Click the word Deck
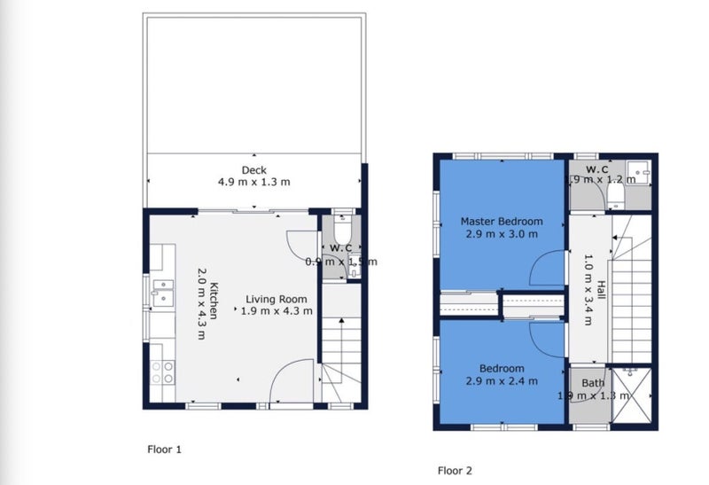tap(254, 170)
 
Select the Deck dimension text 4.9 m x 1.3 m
tap(254, 183)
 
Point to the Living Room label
tap(277, 299)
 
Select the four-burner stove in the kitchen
tap(162, 372)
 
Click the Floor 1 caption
tap(164, 450)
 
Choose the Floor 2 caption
tap(456, 470)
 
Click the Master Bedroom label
tap(501, 221)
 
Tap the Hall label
tap(600, 291)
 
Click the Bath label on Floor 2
tap(593, 383)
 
